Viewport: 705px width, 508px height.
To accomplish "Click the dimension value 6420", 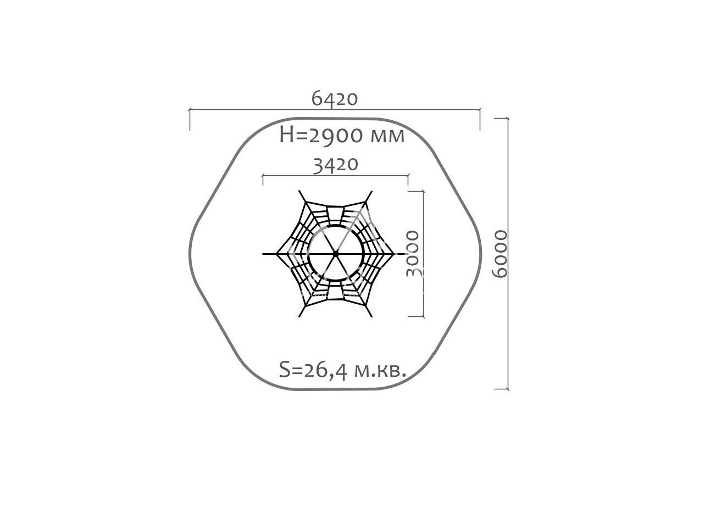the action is pyautogui.click(x=335, y=99).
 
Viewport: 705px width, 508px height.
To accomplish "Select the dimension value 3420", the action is pyautogui.click(x=336, y=164).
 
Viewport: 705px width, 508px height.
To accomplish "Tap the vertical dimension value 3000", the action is pyautogui.click(x=413, y=254).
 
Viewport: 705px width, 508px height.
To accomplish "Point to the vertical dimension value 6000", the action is pyautogui.click(x=500, y=254).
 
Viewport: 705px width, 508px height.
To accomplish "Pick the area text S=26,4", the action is pyautogui.click(x=313, y=370).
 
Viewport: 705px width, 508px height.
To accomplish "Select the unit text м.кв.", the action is pyautogui.click(x=380, y=371).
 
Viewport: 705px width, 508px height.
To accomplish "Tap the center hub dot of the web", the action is pyautogui.click(x=336, y=254).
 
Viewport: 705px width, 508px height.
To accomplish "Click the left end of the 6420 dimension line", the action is pyautogui.click(x=190, y=110).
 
